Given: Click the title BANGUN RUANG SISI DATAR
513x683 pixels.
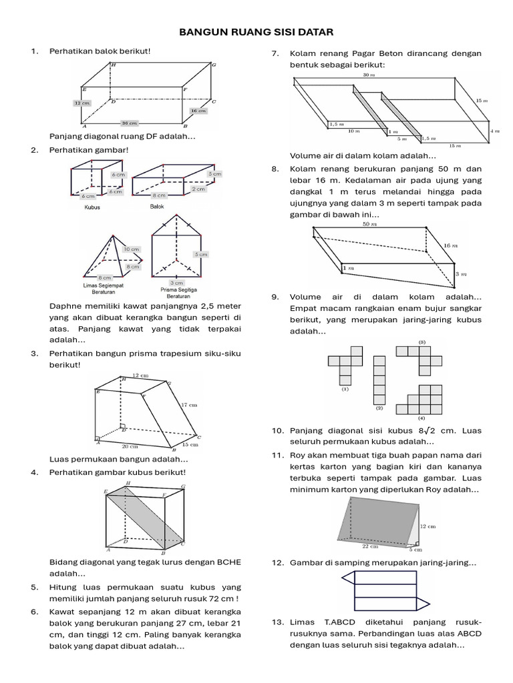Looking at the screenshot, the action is pyautogui.click(x=256, y=32).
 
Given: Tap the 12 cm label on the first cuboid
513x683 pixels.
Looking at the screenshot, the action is pyautogui.click(x=82, y=103).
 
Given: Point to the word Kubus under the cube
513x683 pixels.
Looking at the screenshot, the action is pyautogui.click(x=92, y=207).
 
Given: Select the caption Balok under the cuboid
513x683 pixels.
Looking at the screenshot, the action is pyautogui.click(x=156, y=207).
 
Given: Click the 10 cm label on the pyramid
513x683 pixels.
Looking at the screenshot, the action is pyautogui.click(x=132, y=249).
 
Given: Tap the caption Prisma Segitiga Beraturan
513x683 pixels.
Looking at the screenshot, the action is pyautogui.click(x=179, y=292).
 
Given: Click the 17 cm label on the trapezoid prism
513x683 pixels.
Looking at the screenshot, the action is pyautogui.click(x=189, y=405).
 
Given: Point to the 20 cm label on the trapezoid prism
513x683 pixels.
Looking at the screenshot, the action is pyautogui.click(x=130, y=446).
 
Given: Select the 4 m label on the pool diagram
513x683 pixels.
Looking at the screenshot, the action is pyautogui.click(x=495, y=131).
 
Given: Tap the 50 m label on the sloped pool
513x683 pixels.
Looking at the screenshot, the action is pyautogui.click(x=369, y=224).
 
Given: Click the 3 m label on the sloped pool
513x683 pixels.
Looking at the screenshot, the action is pyautogui.click(x=461, y=274).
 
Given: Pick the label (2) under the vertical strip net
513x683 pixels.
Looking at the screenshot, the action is pyautogui.click(x=379, y=408).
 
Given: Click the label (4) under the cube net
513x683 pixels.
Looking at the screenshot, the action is pyautogui.click(x=421, y=418).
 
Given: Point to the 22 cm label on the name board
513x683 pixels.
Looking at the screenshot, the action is pyautogui.click(x=370, y=546).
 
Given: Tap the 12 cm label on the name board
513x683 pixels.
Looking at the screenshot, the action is pyautogui.click(x=428, y=527).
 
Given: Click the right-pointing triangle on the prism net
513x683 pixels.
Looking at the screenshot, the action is pyautogui.click(x=423, y=604).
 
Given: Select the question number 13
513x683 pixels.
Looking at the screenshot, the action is pyautogui.click(x=277, y=622).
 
